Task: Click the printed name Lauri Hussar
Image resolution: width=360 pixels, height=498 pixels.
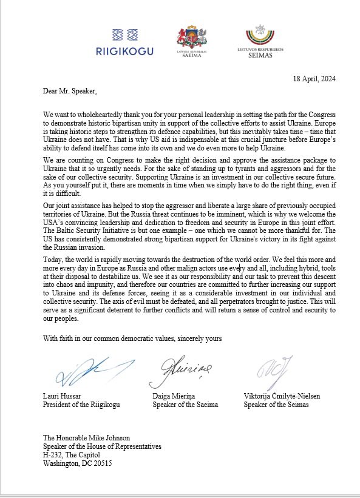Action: pos(64,395)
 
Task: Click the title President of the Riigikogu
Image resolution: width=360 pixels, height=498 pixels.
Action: pos(83,405)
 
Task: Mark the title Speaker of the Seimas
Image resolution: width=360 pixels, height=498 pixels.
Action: pos(276,405)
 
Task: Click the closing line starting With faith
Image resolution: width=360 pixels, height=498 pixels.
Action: pos(132,338)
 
